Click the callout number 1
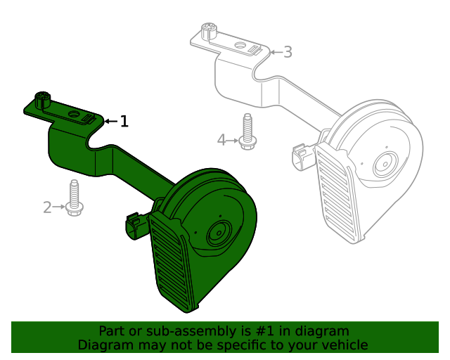(x=124, y=122)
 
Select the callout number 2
(x=47, y=207)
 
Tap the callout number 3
(x=288, y=52)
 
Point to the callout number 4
(x=221, y=141)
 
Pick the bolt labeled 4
(x=246, y=132)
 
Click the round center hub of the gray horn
(x=385, y=164)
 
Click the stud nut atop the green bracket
(x=42, y=99)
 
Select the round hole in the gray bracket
(x=238, y=46)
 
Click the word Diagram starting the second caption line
(x=103, y=345)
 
